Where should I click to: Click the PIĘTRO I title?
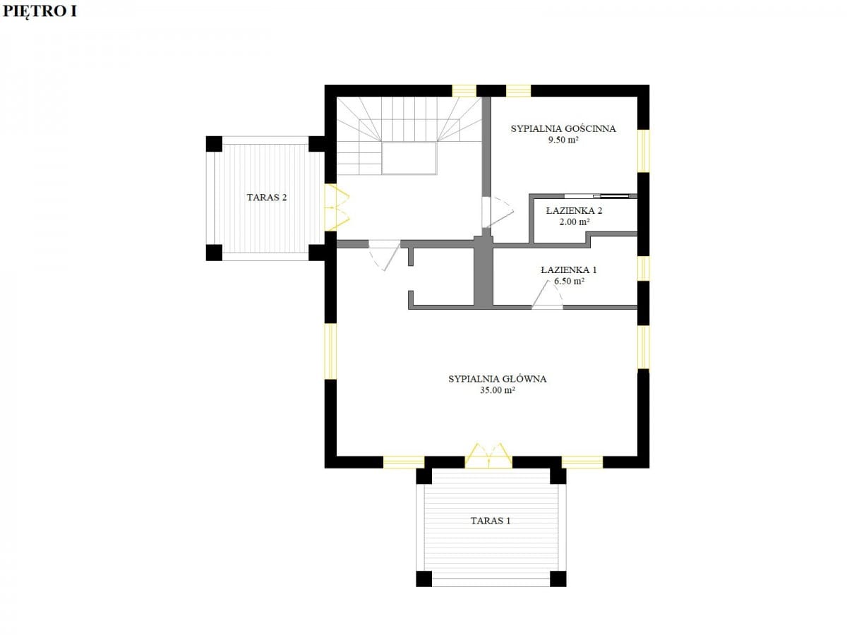[x=40, y=12]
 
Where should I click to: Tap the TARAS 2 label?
[x=267, y=198]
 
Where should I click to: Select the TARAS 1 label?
[x=491, y=521]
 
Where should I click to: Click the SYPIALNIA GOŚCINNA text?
[x=563, y=129]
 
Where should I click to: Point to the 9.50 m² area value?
[x=563, y=140]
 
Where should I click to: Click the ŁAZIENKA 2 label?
[x=574, y=210]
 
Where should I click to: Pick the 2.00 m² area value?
[x=575, y=222]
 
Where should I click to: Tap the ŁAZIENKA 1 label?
[x=569, y=270]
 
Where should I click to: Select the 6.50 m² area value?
[x=569, y=281]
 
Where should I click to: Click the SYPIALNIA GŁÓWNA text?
[x=498, y=379]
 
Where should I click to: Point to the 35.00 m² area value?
[x=498, y=390]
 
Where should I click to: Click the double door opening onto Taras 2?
[x=336, y=208]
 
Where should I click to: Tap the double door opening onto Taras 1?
[x=488, y=455]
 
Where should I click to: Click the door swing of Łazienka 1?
[x=547, y=296]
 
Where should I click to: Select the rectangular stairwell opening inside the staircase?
[x=409, y=159]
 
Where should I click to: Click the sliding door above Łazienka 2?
[x=601, y=196]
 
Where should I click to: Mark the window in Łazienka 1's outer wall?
[x=643, y=269]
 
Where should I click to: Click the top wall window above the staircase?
[x=464, y=91]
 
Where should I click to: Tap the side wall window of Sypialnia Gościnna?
[x=643, y=151]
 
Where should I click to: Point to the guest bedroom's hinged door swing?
[x=498, y=212]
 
